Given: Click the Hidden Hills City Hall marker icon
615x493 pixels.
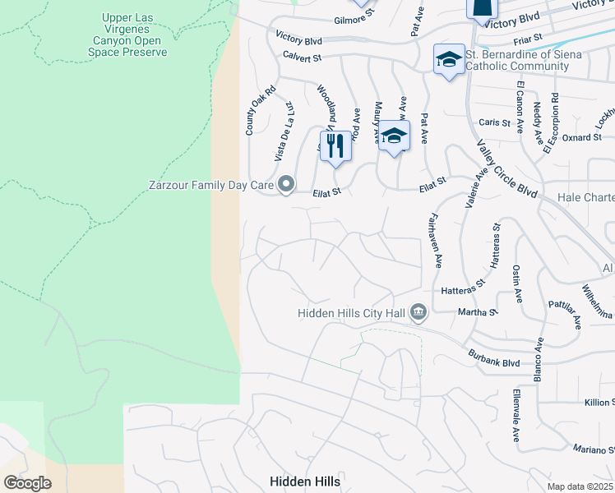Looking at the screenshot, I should pos(418,312).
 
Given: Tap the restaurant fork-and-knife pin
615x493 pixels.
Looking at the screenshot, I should pos(335,146).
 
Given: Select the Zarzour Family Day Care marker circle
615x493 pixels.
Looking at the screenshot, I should pos(286,185).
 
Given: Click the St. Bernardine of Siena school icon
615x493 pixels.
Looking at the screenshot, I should pos(450,59).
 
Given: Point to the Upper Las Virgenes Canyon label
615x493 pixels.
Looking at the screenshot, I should pos(127,35).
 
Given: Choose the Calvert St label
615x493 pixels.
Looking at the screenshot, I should pos(302,58).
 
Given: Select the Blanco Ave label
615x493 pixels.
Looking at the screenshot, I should pos(540,355).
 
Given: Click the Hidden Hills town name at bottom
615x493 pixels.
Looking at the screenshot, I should pos(305,481).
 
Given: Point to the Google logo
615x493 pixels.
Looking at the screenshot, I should pos(27,482).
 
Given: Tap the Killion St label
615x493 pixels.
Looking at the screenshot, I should pos(599,402).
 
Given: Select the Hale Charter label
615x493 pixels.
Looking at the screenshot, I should pos(585,197).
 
